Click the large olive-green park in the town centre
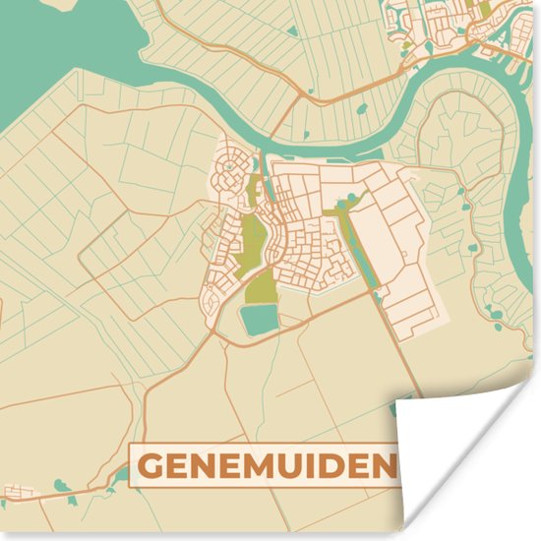[x=253, y=241]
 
